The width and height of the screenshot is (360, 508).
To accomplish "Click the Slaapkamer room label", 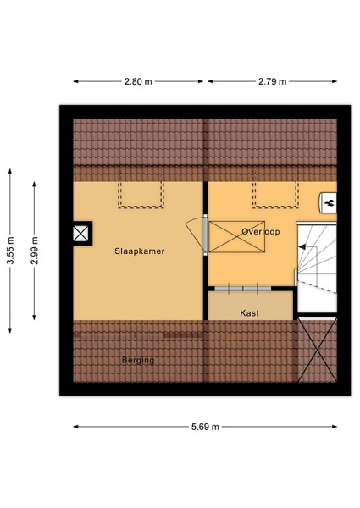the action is (139, 251).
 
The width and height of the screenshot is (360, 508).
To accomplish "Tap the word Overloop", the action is (261, 232).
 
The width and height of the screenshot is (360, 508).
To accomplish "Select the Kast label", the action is (250, 313).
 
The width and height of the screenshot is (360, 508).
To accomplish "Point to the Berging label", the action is (138, 361).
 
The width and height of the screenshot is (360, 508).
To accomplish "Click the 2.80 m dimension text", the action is (138, 81).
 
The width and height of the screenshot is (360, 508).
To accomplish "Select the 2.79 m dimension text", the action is (273, 81).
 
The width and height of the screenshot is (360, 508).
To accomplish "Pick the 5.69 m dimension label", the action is (205, 427).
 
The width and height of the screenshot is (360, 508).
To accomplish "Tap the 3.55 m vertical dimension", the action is (10, 251).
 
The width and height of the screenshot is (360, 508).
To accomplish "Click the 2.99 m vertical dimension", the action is (35, 251).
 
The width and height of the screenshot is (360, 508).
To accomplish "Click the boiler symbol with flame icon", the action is (329, 203).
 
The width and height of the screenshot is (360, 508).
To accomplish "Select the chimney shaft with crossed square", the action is (80, 234).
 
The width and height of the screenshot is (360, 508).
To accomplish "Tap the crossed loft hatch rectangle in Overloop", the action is (237, 236).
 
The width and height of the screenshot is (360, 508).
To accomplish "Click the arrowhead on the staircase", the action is (302, 247).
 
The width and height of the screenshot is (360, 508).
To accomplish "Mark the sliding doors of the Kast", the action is (243, 289).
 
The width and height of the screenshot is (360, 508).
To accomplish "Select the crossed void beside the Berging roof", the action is (318, 350).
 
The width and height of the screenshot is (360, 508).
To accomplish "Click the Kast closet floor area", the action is (250, 306).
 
